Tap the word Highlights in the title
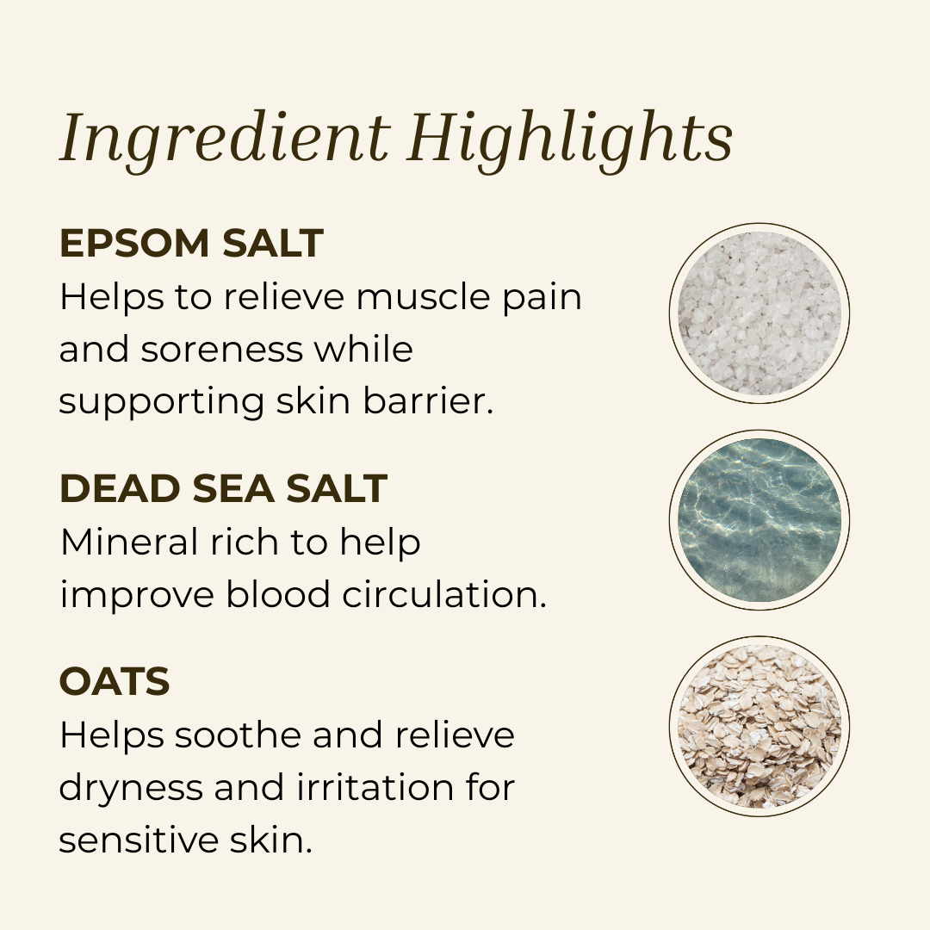tap(570, 138)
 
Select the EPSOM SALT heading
tap(191, 244)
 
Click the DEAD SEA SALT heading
tap(223, 489)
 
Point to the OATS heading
tap(114, 682)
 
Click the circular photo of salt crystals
tap(759, 313)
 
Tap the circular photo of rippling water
tap(759, 520)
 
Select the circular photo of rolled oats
tap(759, 726)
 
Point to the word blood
tap(275, 595)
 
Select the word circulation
tap(440, 595)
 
